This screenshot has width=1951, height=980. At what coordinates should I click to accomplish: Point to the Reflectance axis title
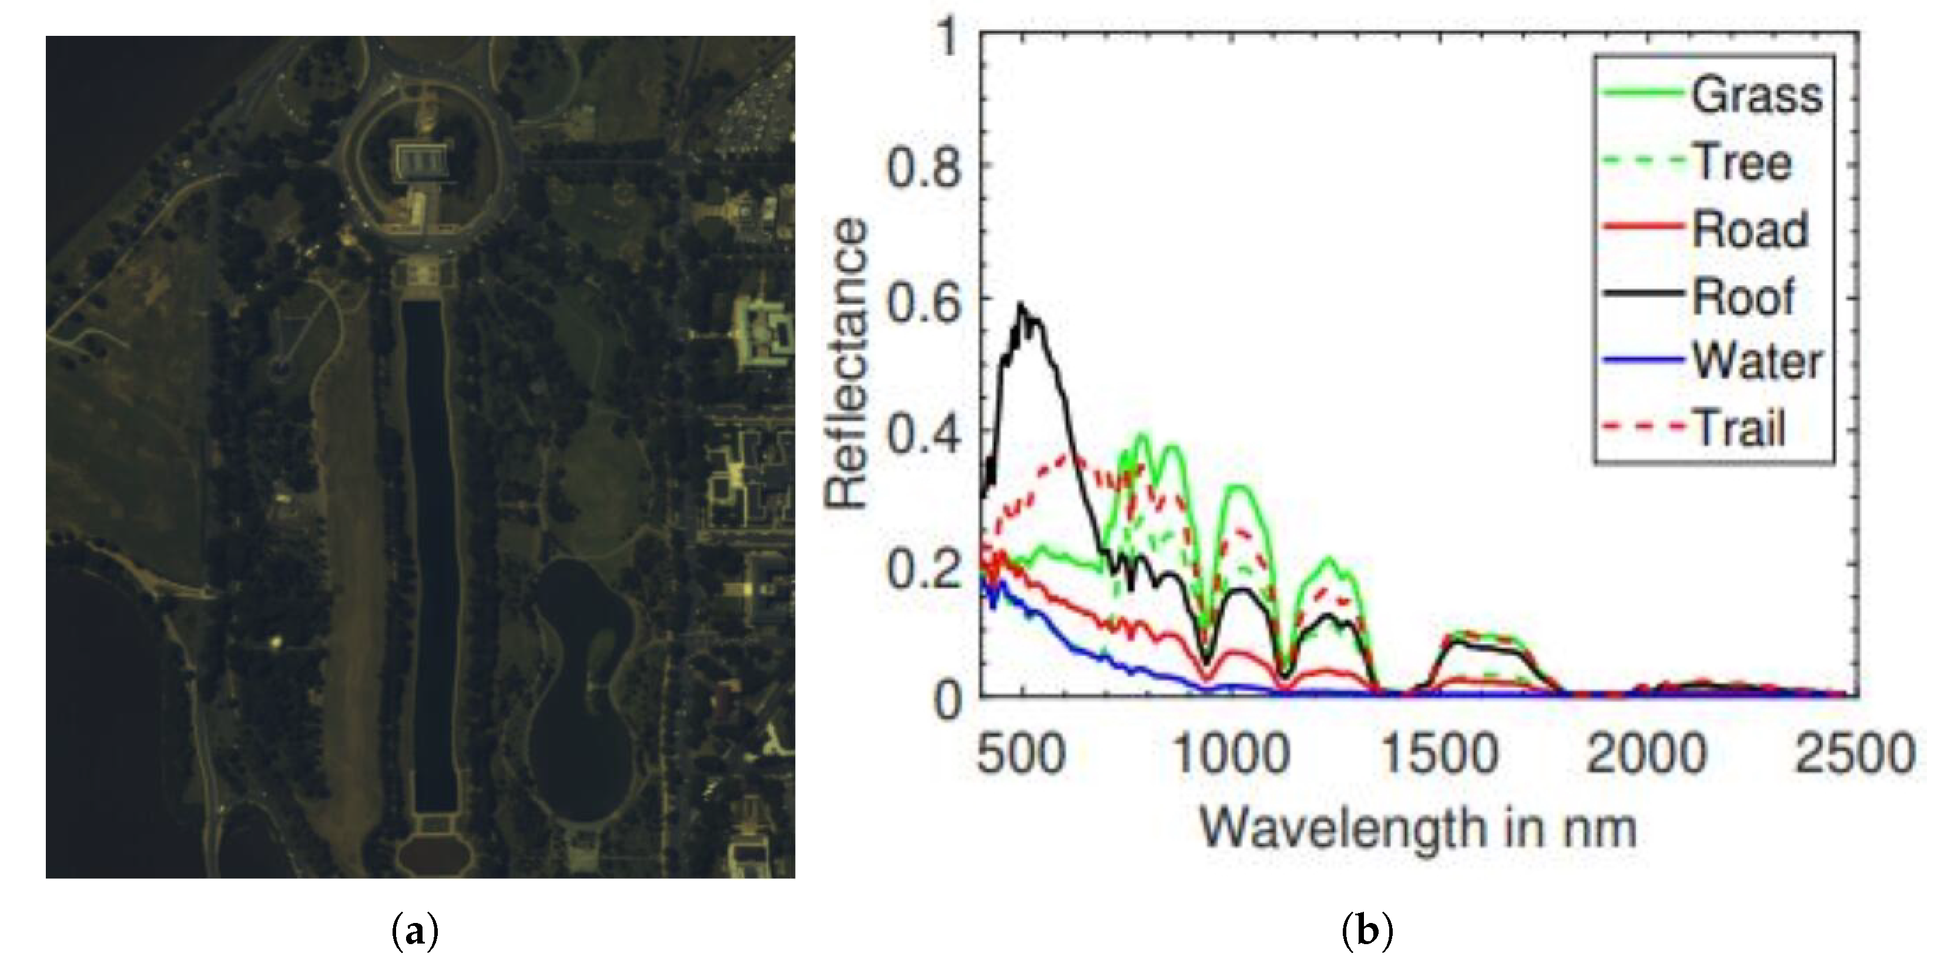click(847, 364)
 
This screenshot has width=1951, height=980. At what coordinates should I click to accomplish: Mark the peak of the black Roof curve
click(1021, 305)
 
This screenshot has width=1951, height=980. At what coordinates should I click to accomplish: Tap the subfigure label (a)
click(415, 930)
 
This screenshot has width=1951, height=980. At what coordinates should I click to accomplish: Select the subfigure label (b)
click(1367, 930)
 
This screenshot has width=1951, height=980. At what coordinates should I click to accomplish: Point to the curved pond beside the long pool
click(583, 682)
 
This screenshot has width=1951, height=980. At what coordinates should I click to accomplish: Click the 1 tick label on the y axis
click(947, 36)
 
